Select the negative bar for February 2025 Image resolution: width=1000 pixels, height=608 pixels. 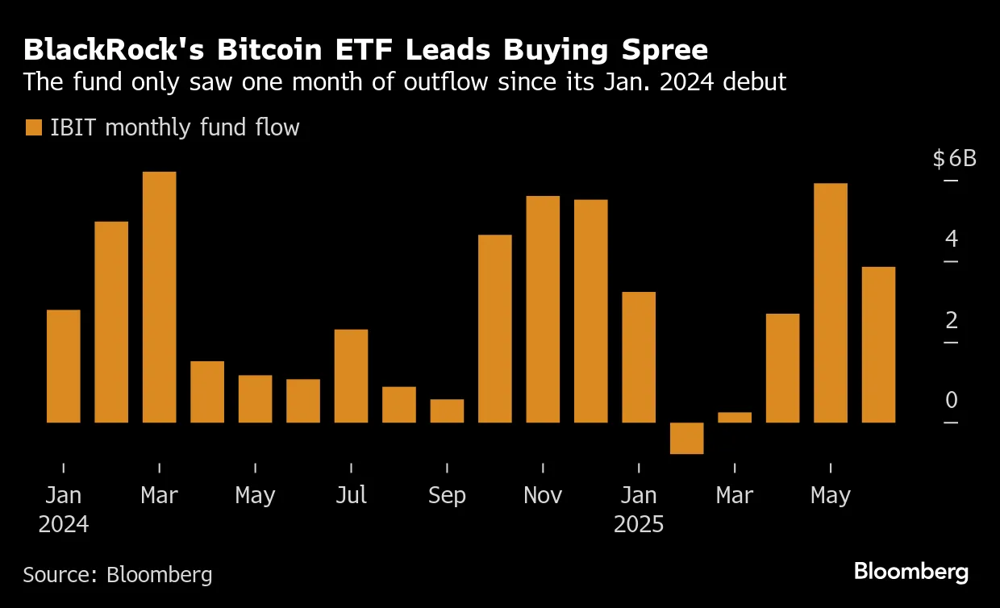pos(687,438)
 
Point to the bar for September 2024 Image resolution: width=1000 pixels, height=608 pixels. pos(447,410)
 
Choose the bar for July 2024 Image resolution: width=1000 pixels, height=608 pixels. pos(351,376)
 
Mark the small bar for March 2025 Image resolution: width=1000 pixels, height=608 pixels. pos(735,417)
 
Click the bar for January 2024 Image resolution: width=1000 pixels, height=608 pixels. pos(64,366)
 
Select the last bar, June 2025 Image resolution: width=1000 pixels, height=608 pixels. pos(878,344)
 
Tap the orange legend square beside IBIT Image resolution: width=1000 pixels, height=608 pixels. pos(33,127)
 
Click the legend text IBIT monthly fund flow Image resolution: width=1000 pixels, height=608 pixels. pos(174,127)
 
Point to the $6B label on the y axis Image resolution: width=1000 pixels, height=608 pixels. pos(954,158)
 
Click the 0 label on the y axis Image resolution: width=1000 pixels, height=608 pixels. pos(951,400)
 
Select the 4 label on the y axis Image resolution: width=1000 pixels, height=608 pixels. pos(951,239)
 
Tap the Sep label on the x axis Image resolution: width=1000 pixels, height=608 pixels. pos(447,494)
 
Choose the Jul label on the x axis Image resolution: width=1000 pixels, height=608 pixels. pos(351,494)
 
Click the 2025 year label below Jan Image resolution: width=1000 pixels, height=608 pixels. pos(639,524)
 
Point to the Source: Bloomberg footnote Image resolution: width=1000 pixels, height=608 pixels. pos(118,574)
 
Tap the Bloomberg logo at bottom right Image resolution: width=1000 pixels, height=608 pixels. pos(910,572)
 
